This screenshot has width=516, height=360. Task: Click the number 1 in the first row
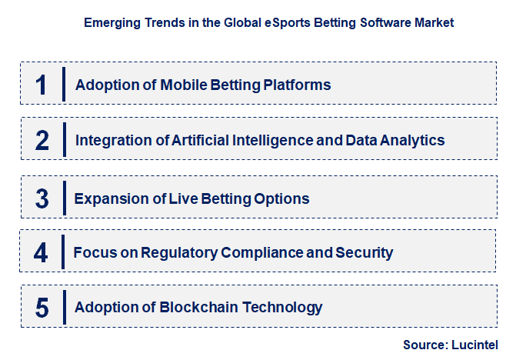click(42, 85)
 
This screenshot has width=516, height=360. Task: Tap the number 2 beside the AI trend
click(42, 141)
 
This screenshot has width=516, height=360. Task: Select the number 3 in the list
click(42, 198)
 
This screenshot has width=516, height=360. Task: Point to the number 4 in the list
click(42, 252)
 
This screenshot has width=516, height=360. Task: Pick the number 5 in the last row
click(42, 308)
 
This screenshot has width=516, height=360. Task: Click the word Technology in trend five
click(282, 308)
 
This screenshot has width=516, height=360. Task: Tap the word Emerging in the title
click(112, 23)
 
